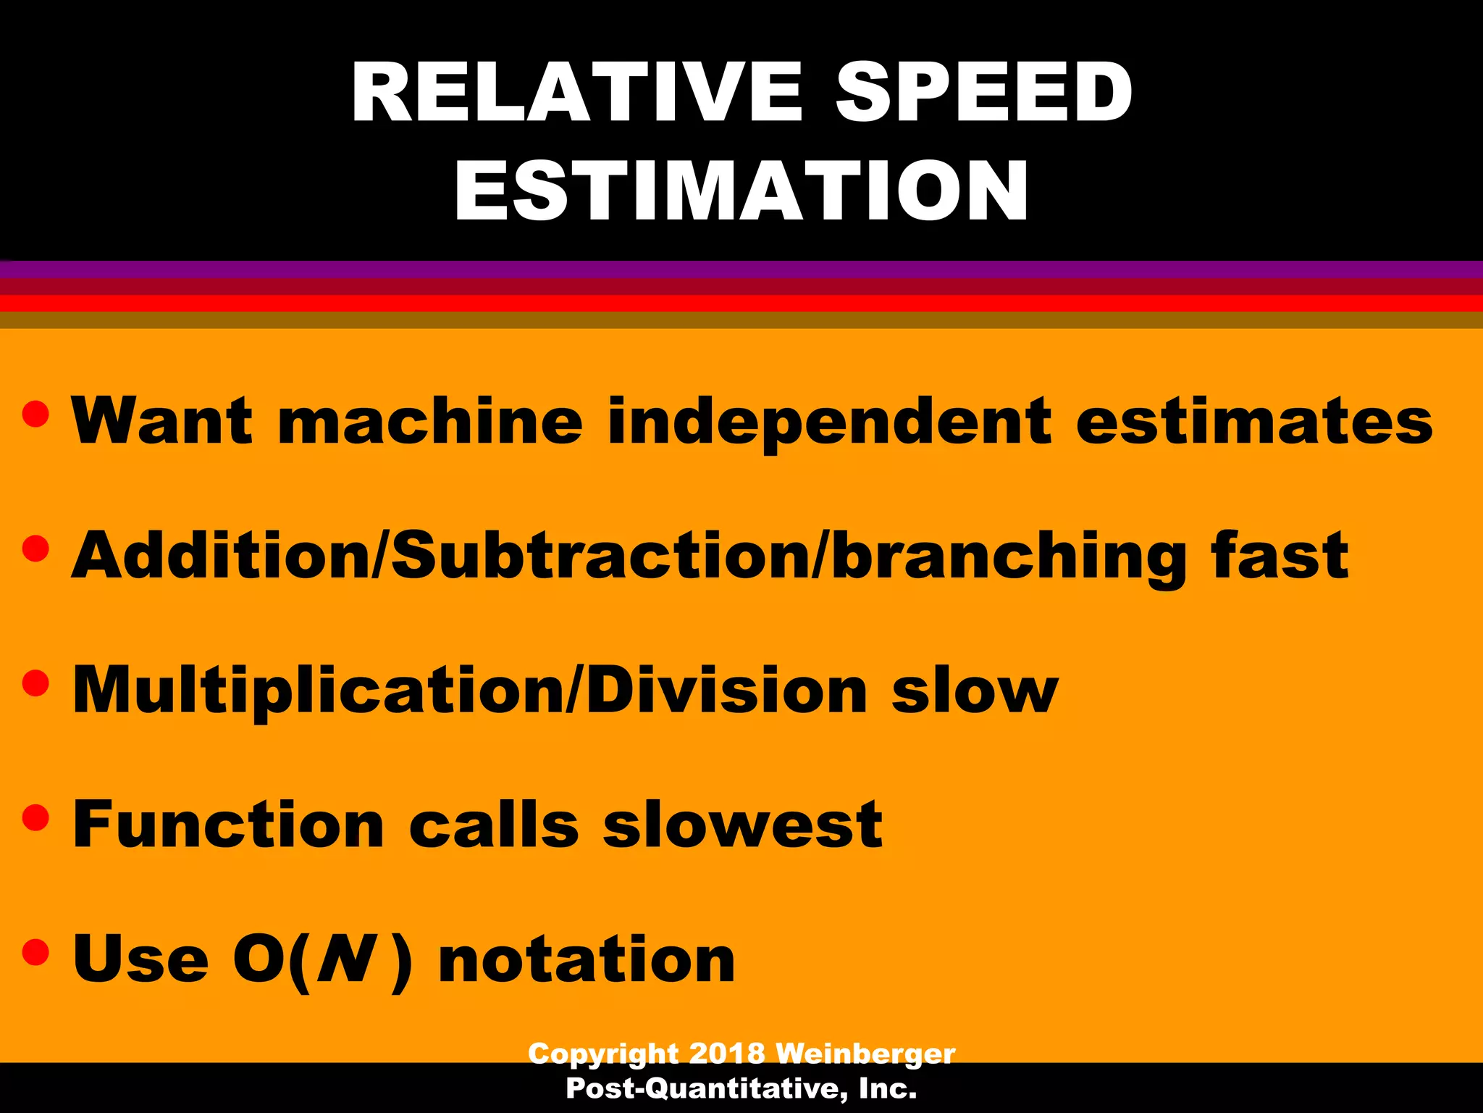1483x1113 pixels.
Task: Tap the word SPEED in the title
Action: tap(984, 92)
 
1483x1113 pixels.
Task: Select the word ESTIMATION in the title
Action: tap(741, 190)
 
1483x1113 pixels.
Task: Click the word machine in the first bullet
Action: tap(430, 422)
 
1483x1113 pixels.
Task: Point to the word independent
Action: tap(829, 423)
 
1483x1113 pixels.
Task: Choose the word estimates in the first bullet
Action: tap(1254, 422)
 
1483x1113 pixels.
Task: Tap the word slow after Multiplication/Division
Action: tap(975, 690)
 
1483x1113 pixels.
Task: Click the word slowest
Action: tap(743, 825)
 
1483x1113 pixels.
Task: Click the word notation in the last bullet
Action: tap(587, 959)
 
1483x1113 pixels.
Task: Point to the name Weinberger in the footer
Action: tap(865, 1053)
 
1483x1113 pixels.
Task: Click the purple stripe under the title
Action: tap(741, 270)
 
